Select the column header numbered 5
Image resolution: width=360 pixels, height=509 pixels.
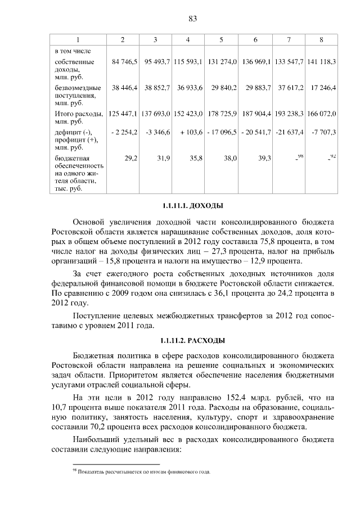coord(221,39)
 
